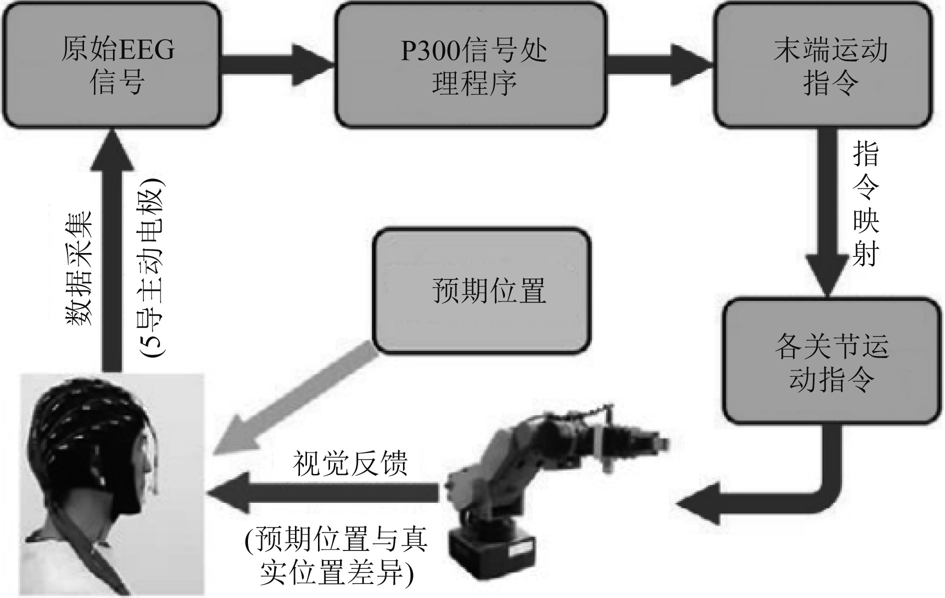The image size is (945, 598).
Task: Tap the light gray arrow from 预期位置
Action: coord(295,400)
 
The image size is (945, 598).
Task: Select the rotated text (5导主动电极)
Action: coord(152,272)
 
